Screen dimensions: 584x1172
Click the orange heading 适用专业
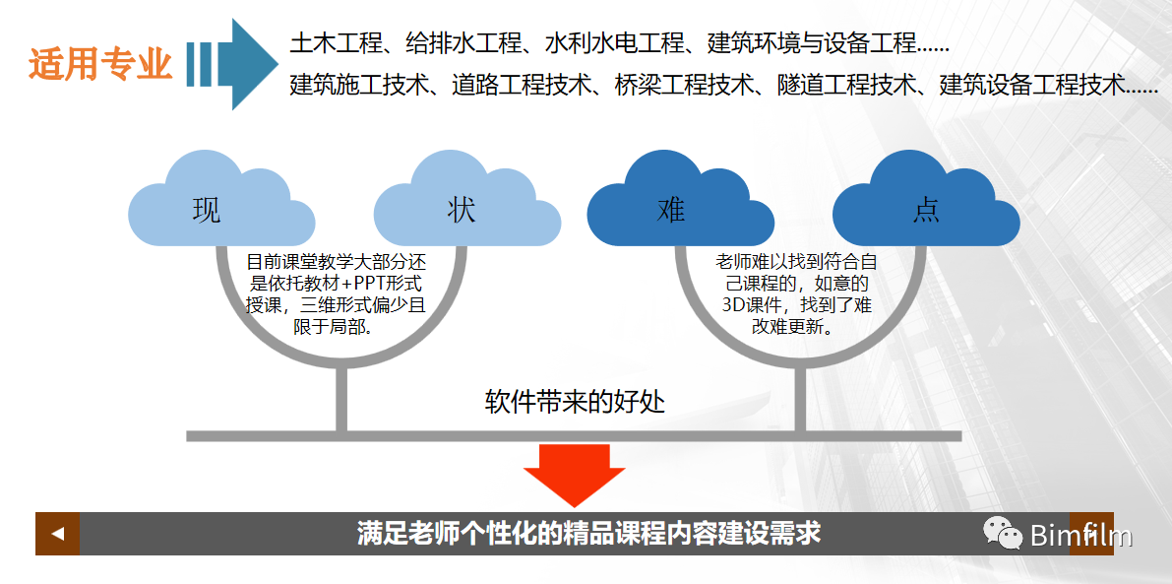pos(100,65)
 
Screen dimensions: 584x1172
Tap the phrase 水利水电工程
pos(601,44)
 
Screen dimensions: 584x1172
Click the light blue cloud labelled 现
pos(207,207)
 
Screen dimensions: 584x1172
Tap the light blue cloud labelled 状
pos(463,207)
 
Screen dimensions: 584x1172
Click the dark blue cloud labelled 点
pos(925,207)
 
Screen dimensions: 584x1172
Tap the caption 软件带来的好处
pos(576,402)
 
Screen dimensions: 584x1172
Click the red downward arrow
pos(574,473)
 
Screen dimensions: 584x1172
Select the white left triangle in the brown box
pos(58,534)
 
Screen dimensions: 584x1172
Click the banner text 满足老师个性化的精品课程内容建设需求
pos(587,534)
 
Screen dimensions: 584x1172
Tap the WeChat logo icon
pos(1003,534)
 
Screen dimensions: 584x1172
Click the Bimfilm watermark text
pos(1080,536)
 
